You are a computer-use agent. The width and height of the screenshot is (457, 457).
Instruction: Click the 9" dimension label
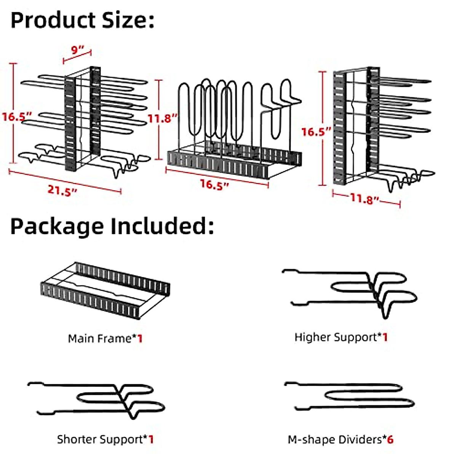(x=78, y=50)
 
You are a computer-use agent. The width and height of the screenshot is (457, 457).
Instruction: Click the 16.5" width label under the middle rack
(x=215, y=185)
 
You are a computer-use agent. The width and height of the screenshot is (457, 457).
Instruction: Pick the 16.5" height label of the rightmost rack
(x=316, y=132)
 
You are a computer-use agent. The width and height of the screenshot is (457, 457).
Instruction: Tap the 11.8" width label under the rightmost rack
(x=365, y=199)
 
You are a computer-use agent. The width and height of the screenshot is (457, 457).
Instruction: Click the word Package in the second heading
(x=57, y=226)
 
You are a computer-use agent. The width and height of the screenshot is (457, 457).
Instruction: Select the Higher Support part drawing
(x=354, y=291)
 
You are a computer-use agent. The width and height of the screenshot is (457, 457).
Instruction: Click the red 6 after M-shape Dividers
(x=390, y=439)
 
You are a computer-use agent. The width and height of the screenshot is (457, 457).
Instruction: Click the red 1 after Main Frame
(x=140, y=338)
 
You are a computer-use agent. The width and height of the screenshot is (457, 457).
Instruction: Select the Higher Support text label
(x=337, y=337)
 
